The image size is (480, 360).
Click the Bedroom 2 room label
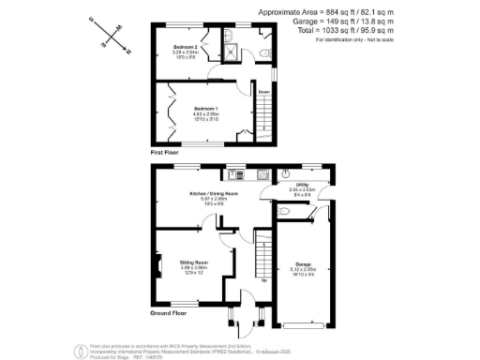pyautogui.click(x=187, y=45)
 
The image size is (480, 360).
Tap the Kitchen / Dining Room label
pyautogui.click(x=212, y=193)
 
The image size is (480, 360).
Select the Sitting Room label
pyautogui.click(x=194, y=262)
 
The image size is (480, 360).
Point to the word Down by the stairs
pyautogui.click(x=264, y=92)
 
